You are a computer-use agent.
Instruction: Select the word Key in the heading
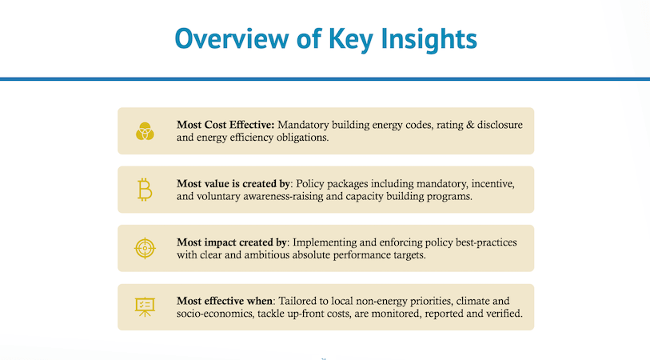click(x=338, y=38)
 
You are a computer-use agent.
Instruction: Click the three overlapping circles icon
click(x=145, y=131)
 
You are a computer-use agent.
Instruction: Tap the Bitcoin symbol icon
click(x=145, y=190)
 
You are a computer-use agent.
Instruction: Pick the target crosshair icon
click(x=145, y=248)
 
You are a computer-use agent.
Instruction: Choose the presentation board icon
click(x=145, y=306)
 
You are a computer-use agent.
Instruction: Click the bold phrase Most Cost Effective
click(x=225, y=125)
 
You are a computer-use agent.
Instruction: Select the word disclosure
click(x=497, y=125)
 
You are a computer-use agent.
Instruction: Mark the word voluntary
click(x=221, y=197)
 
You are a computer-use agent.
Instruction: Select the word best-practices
click(x=489, y=242)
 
